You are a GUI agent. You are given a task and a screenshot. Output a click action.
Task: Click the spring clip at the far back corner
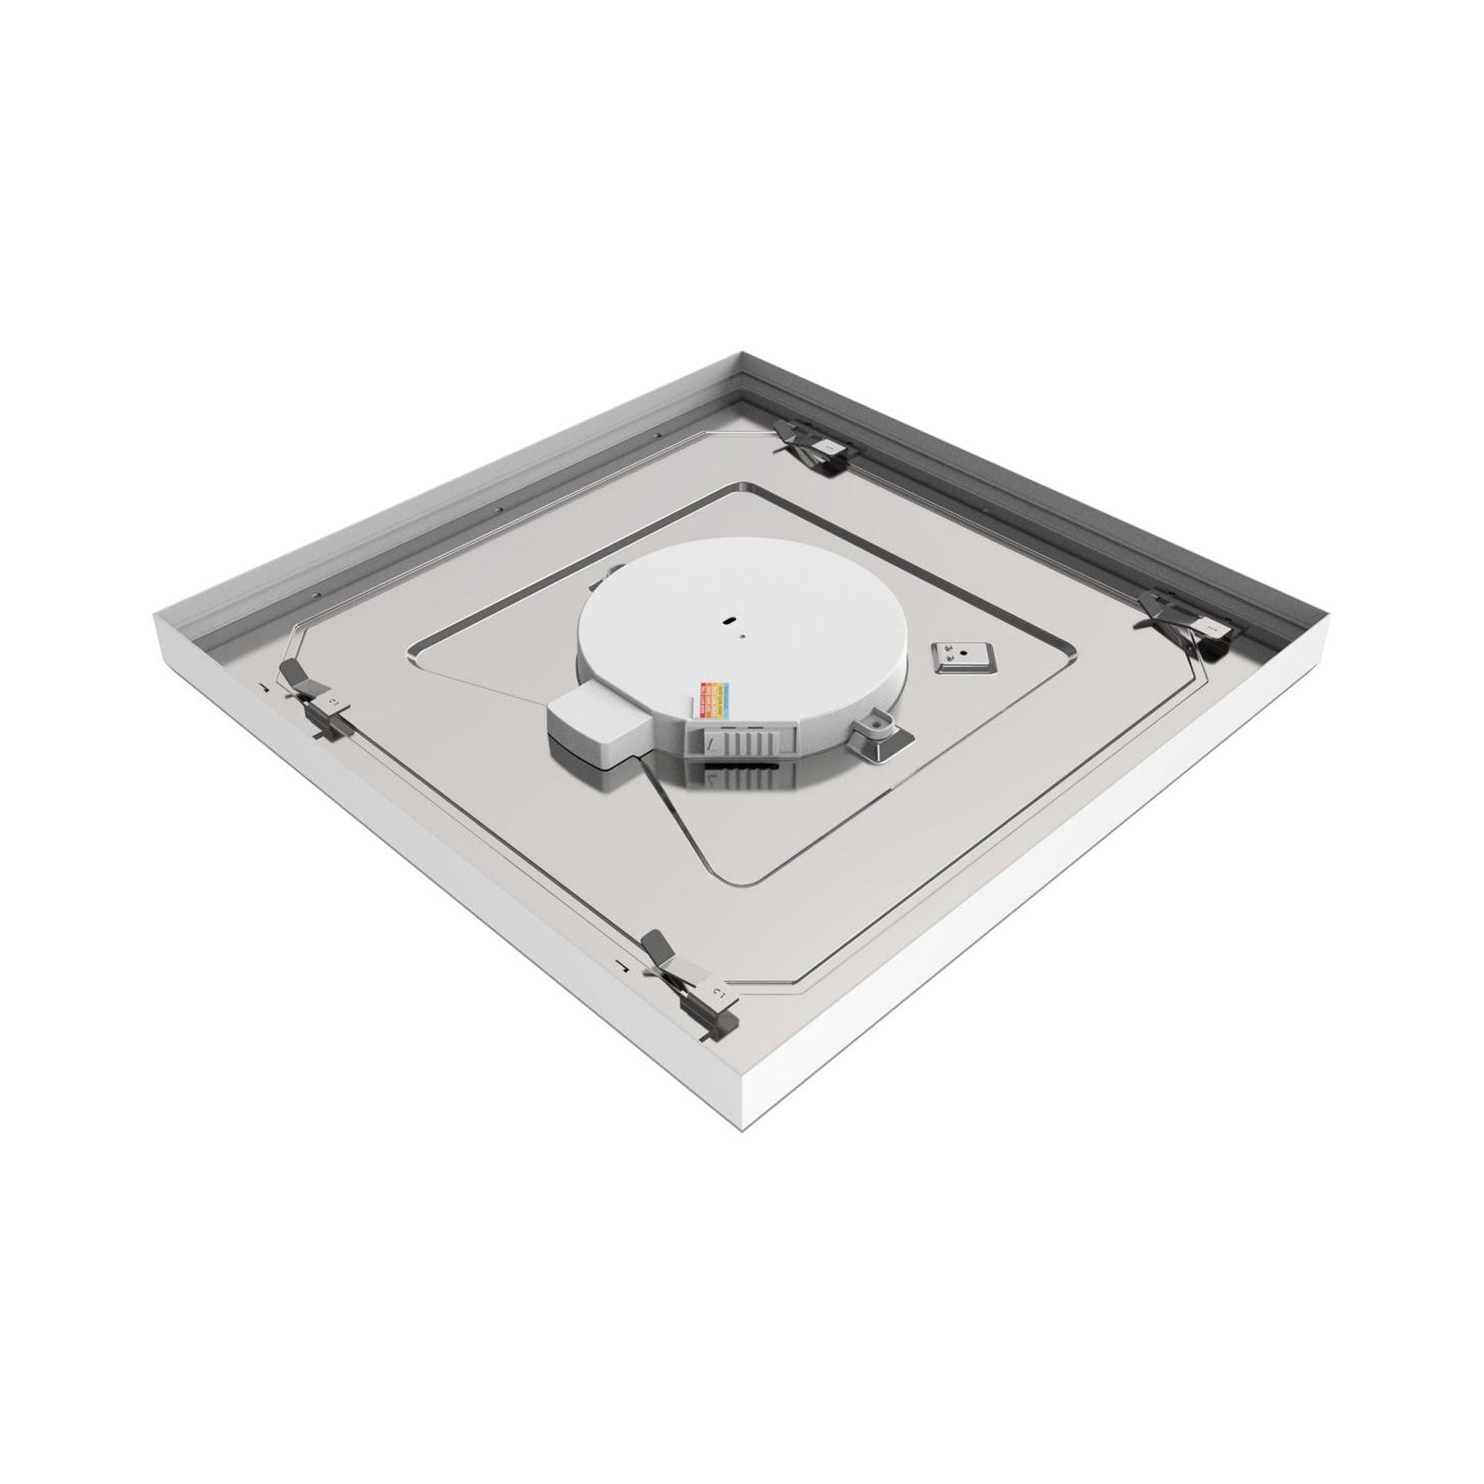(814, 446)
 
